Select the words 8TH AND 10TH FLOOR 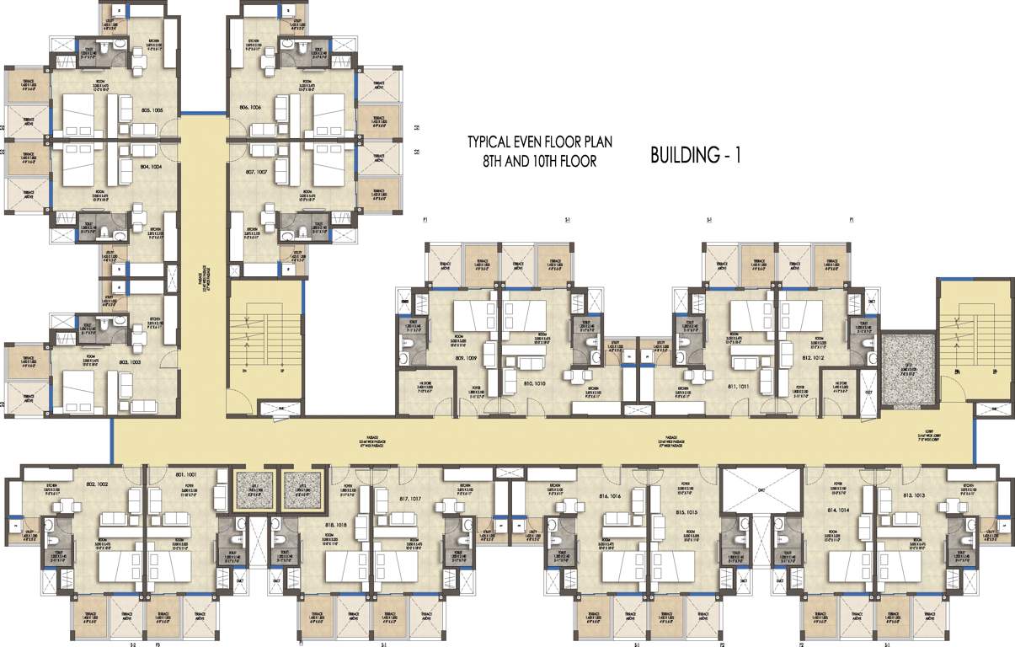pyautogui.click(x=532, y=161)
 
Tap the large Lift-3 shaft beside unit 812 pyautogui.click(x=908, y=366)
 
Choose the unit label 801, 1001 pyautogui.click(x=184, y=477)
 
